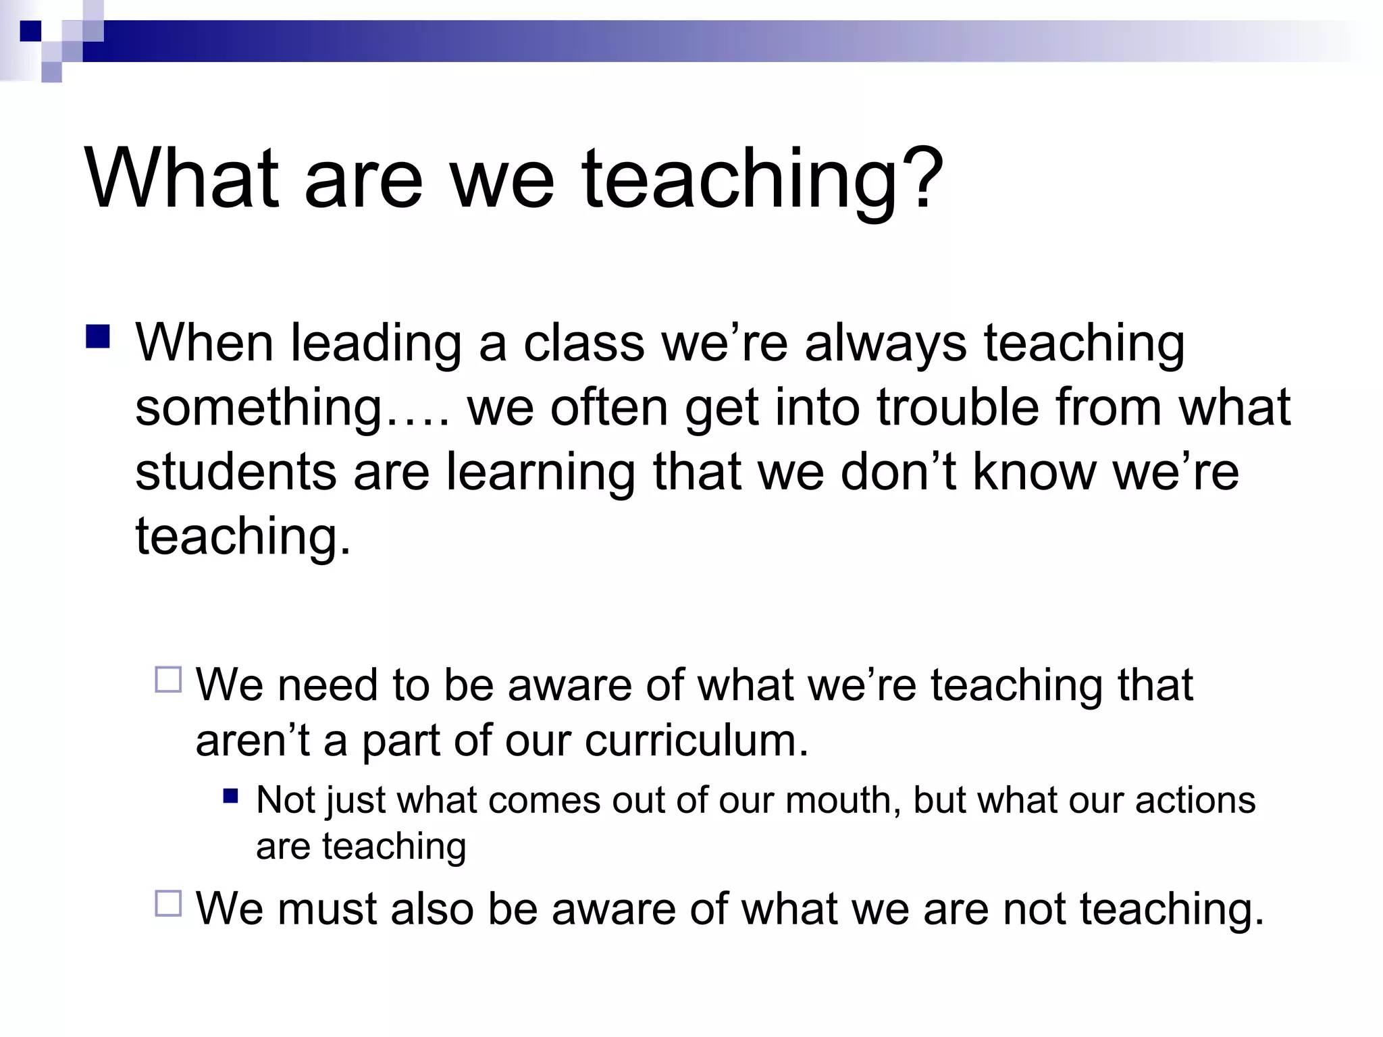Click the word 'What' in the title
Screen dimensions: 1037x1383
coord(181,178)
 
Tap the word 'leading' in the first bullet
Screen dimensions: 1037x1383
coord(375,343)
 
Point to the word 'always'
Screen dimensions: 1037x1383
coord(885,343)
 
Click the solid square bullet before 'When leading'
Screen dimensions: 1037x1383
coord(98,336)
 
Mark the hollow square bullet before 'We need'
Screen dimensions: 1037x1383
coord(168,680)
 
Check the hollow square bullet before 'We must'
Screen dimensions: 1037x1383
coord(168,903)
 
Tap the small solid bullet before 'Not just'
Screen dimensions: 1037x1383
coord(231,796)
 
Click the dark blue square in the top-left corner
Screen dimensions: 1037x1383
coord(30,31)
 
